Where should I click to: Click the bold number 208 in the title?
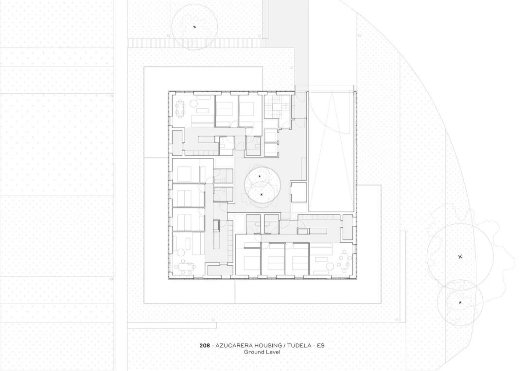(204, 346)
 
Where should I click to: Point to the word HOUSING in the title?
(272, 346)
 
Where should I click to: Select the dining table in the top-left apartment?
(181, 108)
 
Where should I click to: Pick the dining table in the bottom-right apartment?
(346, 262)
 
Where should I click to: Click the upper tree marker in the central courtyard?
(260, 176)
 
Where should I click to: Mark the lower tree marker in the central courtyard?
(262, 194)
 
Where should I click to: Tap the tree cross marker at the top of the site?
(194, 27)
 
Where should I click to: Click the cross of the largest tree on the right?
(460, 256)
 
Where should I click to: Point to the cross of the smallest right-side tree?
(460, 303)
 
